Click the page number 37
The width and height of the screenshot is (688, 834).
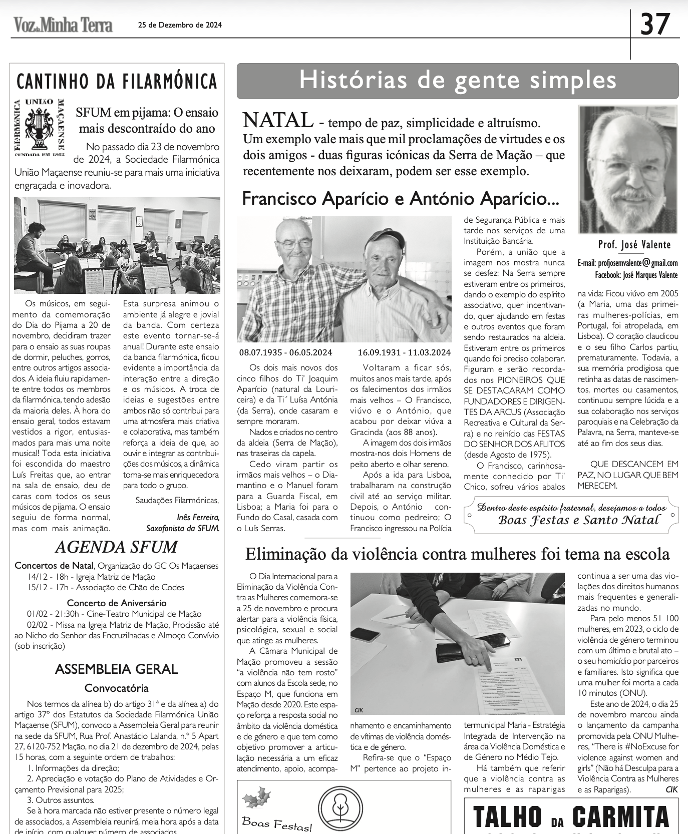tap(655, 25)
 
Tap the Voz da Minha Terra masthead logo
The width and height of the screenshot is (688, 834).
tap(63, 25)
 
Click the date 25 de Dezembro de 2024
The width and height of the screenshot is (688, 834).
tap(180, 25)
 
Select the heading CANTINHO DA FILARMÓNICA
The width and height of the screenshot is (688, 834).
tap(117, 81)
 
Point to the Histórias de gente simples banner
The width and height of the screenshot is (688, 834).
tap(457, 81)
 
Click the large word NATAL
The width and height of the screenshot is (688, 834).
tap(278, 121)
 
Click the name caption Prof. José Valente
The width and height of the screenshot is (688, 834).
tap(634, 245)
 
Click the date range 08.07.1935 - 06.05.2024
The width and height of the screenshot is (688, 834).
tap(285, 352)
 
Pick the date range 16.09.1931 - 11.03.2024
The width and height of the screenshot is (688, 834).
tap(404, 352)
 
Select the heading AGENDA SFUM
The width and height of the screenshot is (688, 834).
tap(116, 547)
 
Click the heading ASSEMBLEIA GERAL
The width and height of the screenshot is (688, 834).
tap(116, 669)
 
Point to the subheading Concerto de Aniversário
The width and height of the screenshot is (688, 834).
tap(117, 603)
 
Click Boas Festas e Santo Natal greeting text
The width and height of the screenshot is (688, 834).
tap(578, 520)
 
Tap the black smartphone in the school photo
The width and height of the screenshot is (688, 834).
tap(493, 640)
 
